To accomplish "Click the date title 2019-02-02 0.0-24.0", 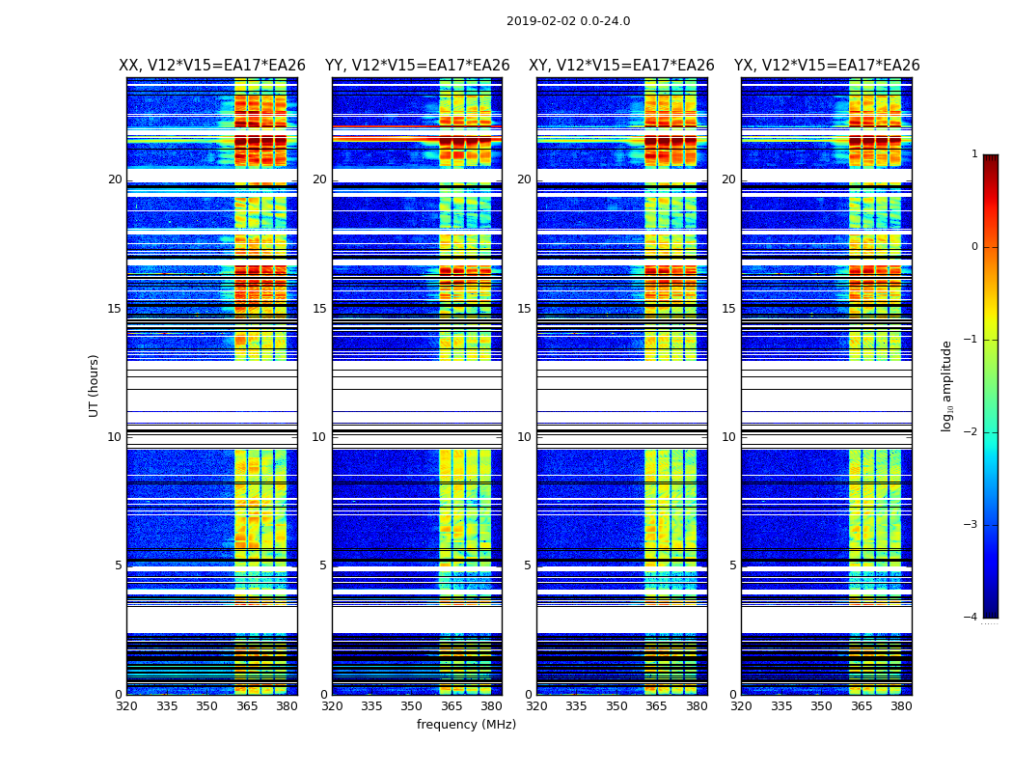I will click(x=568, y=21).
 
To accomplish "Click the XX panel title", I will click(x=212, y=66).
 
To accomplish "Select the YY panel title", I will click(x=417, y=66).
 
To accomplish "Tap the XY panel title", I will click(x=621, y=66).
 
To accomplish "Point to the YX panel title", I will click(x=827, y=66).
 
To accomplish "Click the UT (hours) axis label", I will click(x=95, y=385).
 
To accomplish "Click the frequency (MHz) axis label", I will click(x=466, y=725).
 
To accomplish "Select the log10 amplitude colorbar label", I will click(x=947, y=385).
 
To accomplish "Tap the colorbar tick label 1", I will click(x=974, y=154).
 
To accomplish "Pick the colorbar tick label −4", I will click(x=972, y=618).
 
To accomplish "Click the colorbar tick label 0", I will click(x=974, y=247).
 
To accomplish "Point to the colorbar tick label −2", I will click(x=972, y=432).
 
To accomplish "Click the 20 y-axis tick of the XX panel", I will click(x=115, y=179).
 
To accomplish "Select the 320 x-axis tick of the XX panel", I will click(x=126, y=706).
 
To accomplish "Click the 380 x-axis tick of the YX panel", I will click(x=901, y=706).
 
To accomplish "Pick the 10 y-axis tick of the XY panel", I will click(x=524, y=437).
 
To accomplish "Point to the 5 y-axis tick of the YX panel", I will click(x=732, y=565).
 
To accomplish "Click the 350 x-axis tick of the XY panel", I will click(x=616, y=706).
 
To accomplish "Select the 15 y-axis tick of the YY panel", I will click(x=319, y=309).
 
